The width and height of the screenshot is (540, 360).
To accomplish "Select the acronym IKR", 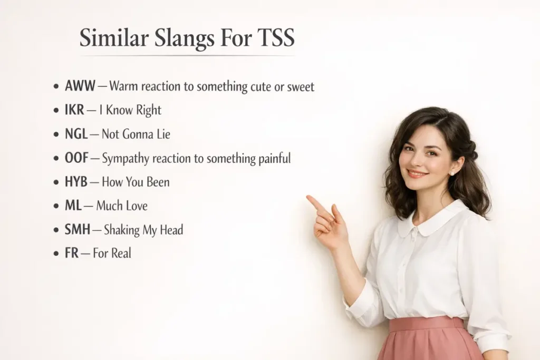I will (x=74, y=110).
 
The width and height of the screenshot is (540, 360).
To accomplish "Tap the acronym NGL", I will (x=76, y=134).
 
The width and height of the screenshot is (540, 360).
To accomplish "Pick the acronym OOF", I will (x=76, y=158).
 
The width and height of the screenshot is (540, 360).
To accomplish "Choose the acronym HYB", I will (x=76, y=182).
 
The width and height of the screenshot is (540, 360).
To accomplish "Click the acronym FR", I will (x=71, y=254).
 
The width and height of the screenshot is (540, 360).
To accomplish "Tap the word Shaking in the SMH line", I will (x=122, y=230).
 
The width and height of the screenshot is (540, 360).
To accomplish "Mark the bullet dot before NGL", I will (x=56, y=134).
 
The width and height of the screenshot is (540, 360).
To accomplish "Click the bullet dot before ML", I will (x=56, y=206).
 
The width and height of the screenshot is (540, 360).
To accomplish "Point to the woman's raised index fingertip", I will (x=310, y=199).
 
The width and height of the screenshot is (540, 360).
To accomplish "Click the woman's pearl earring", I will (x=452, y=172).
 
